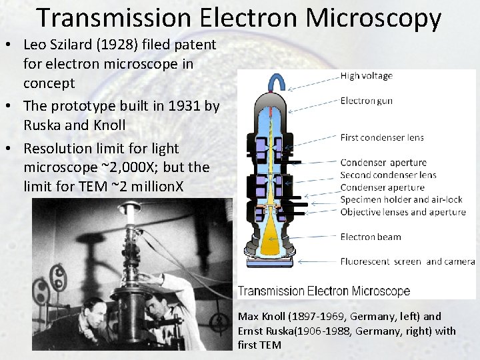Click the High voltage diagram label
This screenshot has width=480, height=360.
click(x=366, y=76)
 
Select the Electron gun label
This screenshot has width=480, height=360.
click(x=366, y=101)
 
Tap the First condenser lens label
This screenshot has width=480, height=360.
click(x=381, y=138)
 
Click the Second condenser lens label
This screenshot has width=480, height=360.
click(x=388, y=175)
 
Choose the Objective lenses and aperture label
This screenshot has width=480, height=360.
click(x=403, y=212)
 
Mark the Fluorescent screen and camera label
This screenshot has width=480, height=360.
click(x=407, y=261)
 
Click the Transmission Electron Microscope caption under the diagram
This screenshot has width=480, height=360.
click(x=324, y=291)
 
